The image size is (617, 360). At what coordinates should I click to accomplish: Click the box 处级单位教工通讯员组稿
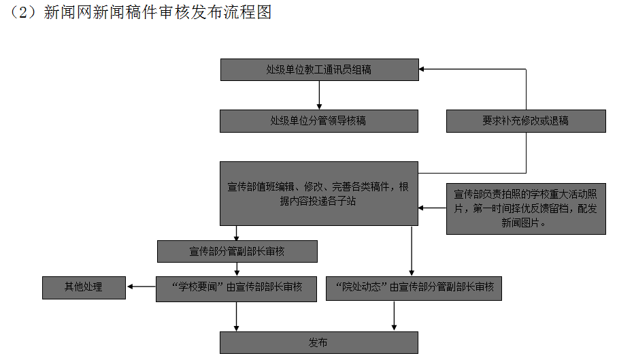pyautogui.click(x=318, y=70)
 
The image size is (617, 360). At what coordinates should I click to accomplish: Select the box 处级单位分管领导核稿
pyautogui.click(x=318, y=121)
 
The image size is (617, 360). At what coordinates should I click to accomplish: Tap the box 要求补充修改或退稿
pyautogui.click(x=526, y=121)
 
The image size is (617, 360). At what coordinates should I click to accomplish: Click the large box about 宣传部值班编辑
pyautogui.click(x=318, y=193)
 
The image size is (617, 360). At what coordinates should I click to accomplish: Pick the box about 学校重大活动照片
pyautogui.click(x=526, y=208)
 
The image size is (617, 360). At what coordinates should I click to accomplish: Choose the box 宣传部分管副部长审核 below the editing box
pyautogui.click(x=237, y=251)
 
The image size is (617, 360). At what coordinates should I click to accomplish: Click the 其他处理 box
pyautogui.click(x=84, y=287)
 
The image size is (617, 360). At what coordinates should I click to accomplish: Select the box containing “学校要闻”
pyautogui.click(x=237, y=287)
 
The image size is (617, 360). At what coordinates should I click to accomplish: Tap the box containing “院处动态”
pyautogui.click(x=414, y=287)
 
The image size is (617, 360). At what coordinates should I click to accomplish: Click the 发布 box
pyautogui.click(x=318, y=342)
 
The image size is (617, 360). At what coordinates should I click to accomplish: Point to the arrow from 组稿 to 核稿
pyautogui.click(x=318, y=95)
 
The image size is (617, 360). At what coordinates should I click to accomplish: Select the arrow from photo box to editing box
pyautogui.click(x=432, y=208)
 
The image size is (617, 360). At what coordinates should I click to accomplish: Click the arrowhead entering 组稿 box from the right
pyautogui.click(x=422, y=69)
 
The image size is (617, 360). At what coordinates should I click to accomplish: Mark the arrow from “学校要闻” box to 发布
pyautogui.click(x=237, y=316)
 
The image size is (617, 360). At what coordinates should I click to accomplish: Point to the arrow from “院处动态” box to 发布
pyautogui.click(x=395, y=316)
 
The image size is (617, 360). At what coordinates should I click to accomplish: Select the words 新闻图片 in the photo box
pyautogui.click(x=524, y=223)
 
